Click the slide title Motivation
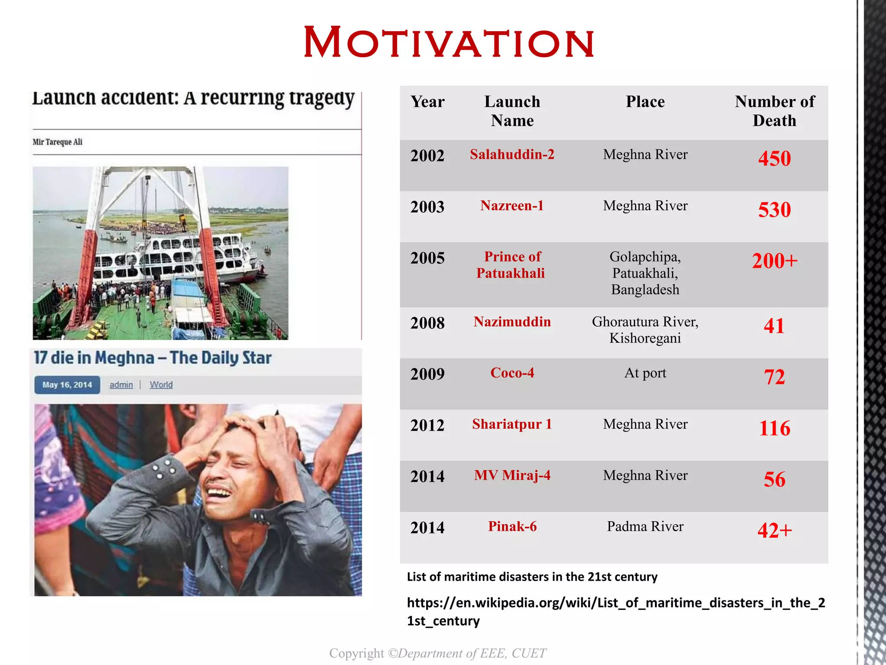tap(449, 43)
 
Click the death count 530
tap(774, 210)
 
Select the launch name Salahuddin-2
tap(512, 155)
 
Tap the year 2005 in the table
tap(427, 258)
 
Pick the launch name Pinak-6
tap(512, 526)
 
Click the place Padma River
tap(645, 526)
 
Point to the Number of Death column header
tap(774, 111)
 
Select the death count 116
tap(774, 428)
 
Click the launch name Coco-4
tap(512, 373)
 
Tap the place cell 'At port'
tap(645, 373)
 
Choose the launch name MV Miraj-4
tap(512, 475)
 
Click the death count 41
tap(774, 326)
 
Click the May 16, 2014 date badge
tap(67, 385)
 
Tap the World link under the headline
tap(161, 385)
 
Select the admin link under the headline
tap(121, 385)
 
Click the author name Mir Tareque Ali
tap(57, 142)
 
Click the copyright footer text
tap(437, 653)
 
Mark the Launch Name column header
tap(512, 111)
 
